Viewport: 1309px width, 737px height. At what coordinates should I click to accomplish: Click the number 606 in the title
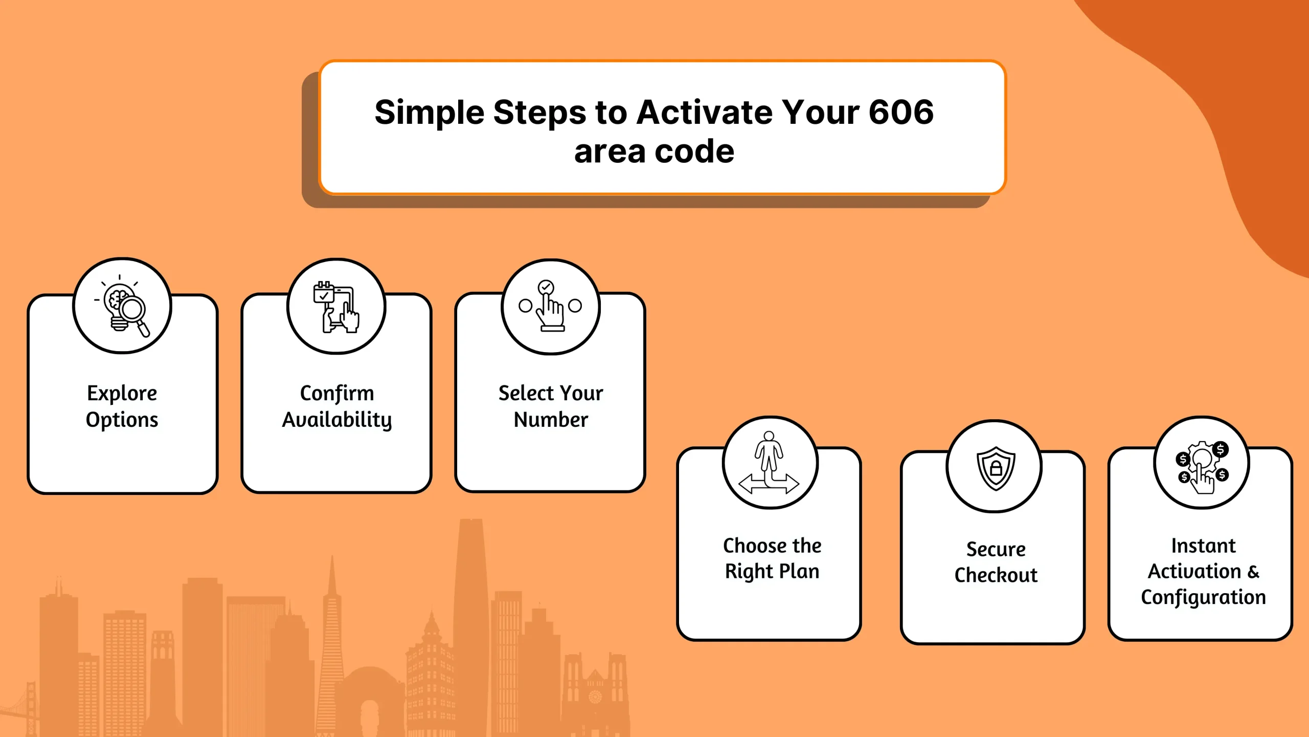click(x=901, y=112)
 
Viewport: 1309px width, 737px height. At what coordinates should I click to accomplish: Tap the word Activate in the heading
click(x=705, y=112)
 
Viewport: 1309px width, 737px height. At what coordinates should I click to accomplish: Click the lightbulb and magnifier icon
click(x=122, y=306)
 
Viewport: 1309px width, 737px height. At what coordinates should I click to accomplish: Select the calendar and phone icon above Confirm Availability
click(x=336, y=307)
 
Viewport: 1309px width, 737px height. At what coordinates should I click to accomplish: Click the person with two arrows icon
click(x=770, y=463)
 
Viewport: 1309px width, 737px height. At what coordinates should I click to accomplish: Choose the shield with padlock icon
click(x=995, y=468)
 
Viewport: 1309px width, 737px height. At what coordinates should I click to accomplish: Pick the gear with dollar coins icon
click(x=1202, y=467)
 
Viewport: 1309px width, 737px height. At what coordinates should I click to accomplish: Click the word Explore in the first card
click(x=122, y=394)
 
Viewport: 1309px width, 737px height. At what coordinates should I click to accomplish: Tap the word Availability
click(x=337, y=420)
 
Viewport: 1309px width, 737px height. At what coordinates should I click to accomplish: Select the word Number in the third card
click(x=551, y=420)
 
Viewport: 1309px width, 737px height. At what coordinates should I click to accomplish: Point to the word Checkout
click(x=996, y=575)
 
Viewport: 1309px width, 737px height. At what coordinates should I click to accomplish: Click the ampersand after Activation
click(x=1253, y=572)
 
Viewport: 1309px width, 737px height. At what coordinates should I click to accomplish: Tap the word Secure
click(x=996, y=549)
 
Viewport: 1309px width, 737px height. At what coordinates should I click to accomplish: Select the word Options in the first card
click(x=122, y=420)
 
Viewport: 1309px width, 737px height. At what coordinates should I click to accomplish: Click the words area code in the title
click(x=654, y=151)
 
